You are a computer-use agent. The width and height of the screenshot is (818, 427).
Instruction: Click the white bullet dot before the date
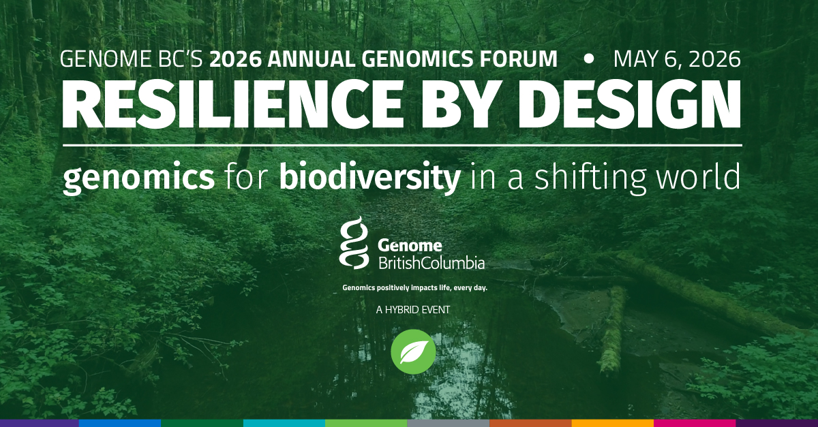tap(589, 59)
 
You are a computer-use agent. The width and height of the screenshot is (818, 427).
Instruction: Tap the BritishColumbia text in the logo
tap(431, 262)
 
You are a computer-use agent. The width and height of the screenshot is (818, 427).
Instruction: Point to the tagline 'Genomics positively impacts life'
tap(414, 288)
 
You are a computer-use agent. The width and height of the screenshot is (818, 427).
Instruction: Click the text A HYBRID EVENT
tap(413, 310)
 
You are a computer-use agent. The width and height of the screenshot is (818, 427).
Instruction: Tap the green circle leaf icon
tap(413, 351)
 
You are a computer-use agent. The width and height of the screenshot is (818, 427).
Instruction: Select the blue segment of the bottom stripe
tap(120, 423)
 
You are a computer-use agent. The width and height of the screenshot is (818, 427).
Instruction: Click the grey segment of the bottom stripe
tap(448, 423)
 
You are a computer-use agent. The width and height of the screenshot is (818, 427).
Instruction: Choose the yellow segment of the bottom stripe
tap(612, 423)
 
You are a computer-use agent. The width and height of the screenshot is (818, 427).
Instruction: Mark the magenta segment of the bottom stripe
tap(695, 423)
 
